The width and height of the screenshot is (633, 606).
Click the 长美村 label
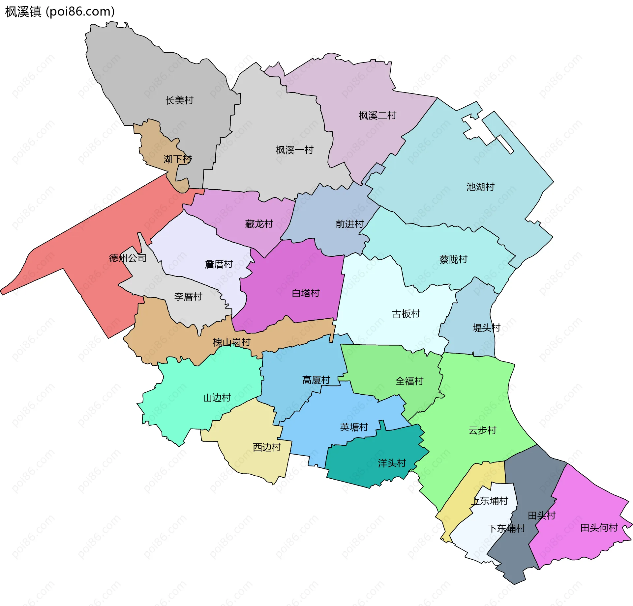pos(179,100)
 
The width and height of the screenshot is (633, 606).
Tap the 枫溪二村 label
pos(377,116)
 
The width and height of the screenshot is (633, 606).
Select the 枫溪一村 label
pos(294,150)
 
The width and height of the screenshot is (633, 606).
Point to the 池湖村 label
pos(480,187)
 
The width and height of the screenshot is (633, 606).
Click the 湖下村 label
pos(178,159)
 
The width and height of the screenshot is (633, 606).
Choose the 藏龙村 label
pos(259,224)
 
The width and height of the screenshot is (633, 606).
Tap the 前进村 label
pos(349,224)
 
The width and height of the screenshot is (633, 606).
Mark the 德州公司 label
pos(128,258)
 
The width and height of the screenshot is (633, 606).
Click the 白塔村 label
pos(306,293)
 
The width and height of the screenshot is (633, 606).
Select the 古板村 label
pos(406,314)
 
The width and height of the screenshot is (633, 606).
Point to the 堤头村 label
pos(486,328)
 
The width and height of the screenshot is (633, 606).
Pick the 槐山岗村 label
pos(231,342)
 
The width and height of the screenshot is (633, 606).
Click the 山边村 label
pos(217,398)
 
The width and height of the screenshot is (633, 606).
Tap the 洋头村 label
pos(392,463)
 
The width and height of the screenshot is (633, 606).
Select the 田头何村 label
pos(599,528)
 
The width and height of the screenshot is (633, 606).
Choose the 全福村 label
pos(409,381)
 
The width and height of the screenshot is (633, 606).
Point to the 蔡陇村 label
pos(453,259)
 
